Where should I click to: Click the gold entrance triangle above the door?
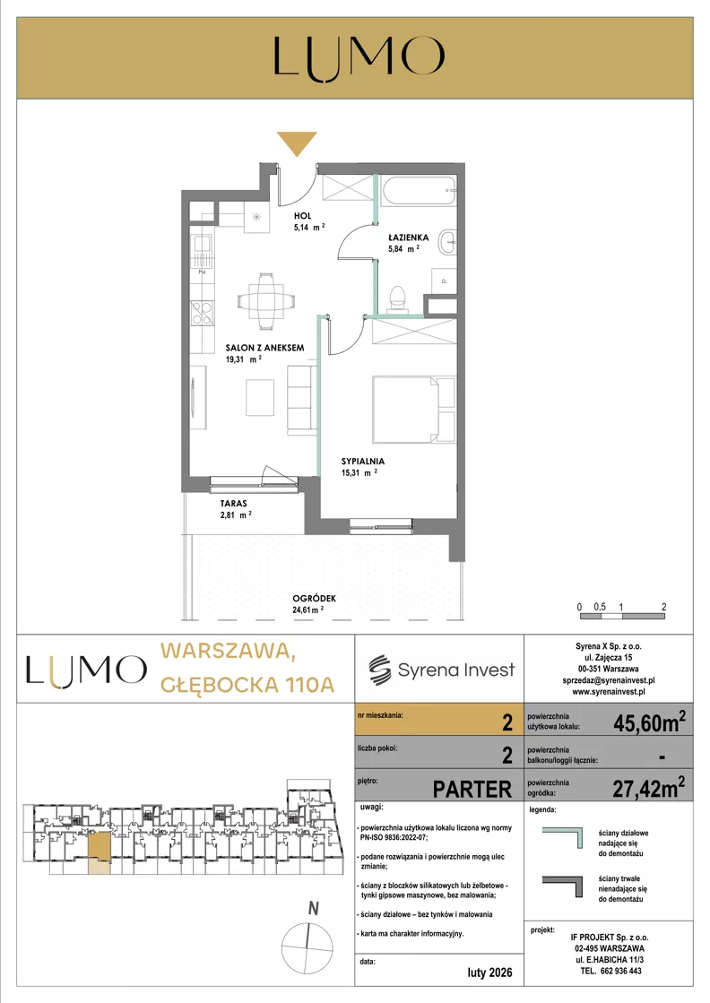point(297,142)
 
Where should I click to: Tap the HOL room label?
point(302,216)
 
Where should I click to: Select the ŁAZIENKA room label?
point(408,238)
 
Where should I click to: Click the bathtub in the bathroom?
point(419,190)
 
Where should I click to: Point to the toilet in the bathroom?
point(399,299)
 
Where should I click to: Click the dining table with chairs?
point(267,300)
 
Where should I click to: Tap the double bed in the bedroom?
point(413,409)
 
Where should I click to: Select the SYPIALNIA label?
point(363,462)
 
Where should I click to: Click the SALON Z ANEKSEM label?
point(264,348)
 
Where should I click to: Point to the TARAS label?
point(233,504)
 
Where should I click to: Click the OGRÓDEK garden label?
point(314,599)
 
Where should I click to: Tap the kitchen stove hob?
point(203,313)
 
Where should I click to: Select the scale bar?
point(623,616)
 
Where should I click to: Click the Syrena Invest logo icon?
point(379,670)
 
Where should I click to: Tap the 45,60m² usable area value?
point(649,722)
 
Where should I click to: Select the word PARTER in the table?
point(472,790)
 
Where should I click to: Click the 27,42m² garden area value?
point(649,788)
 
